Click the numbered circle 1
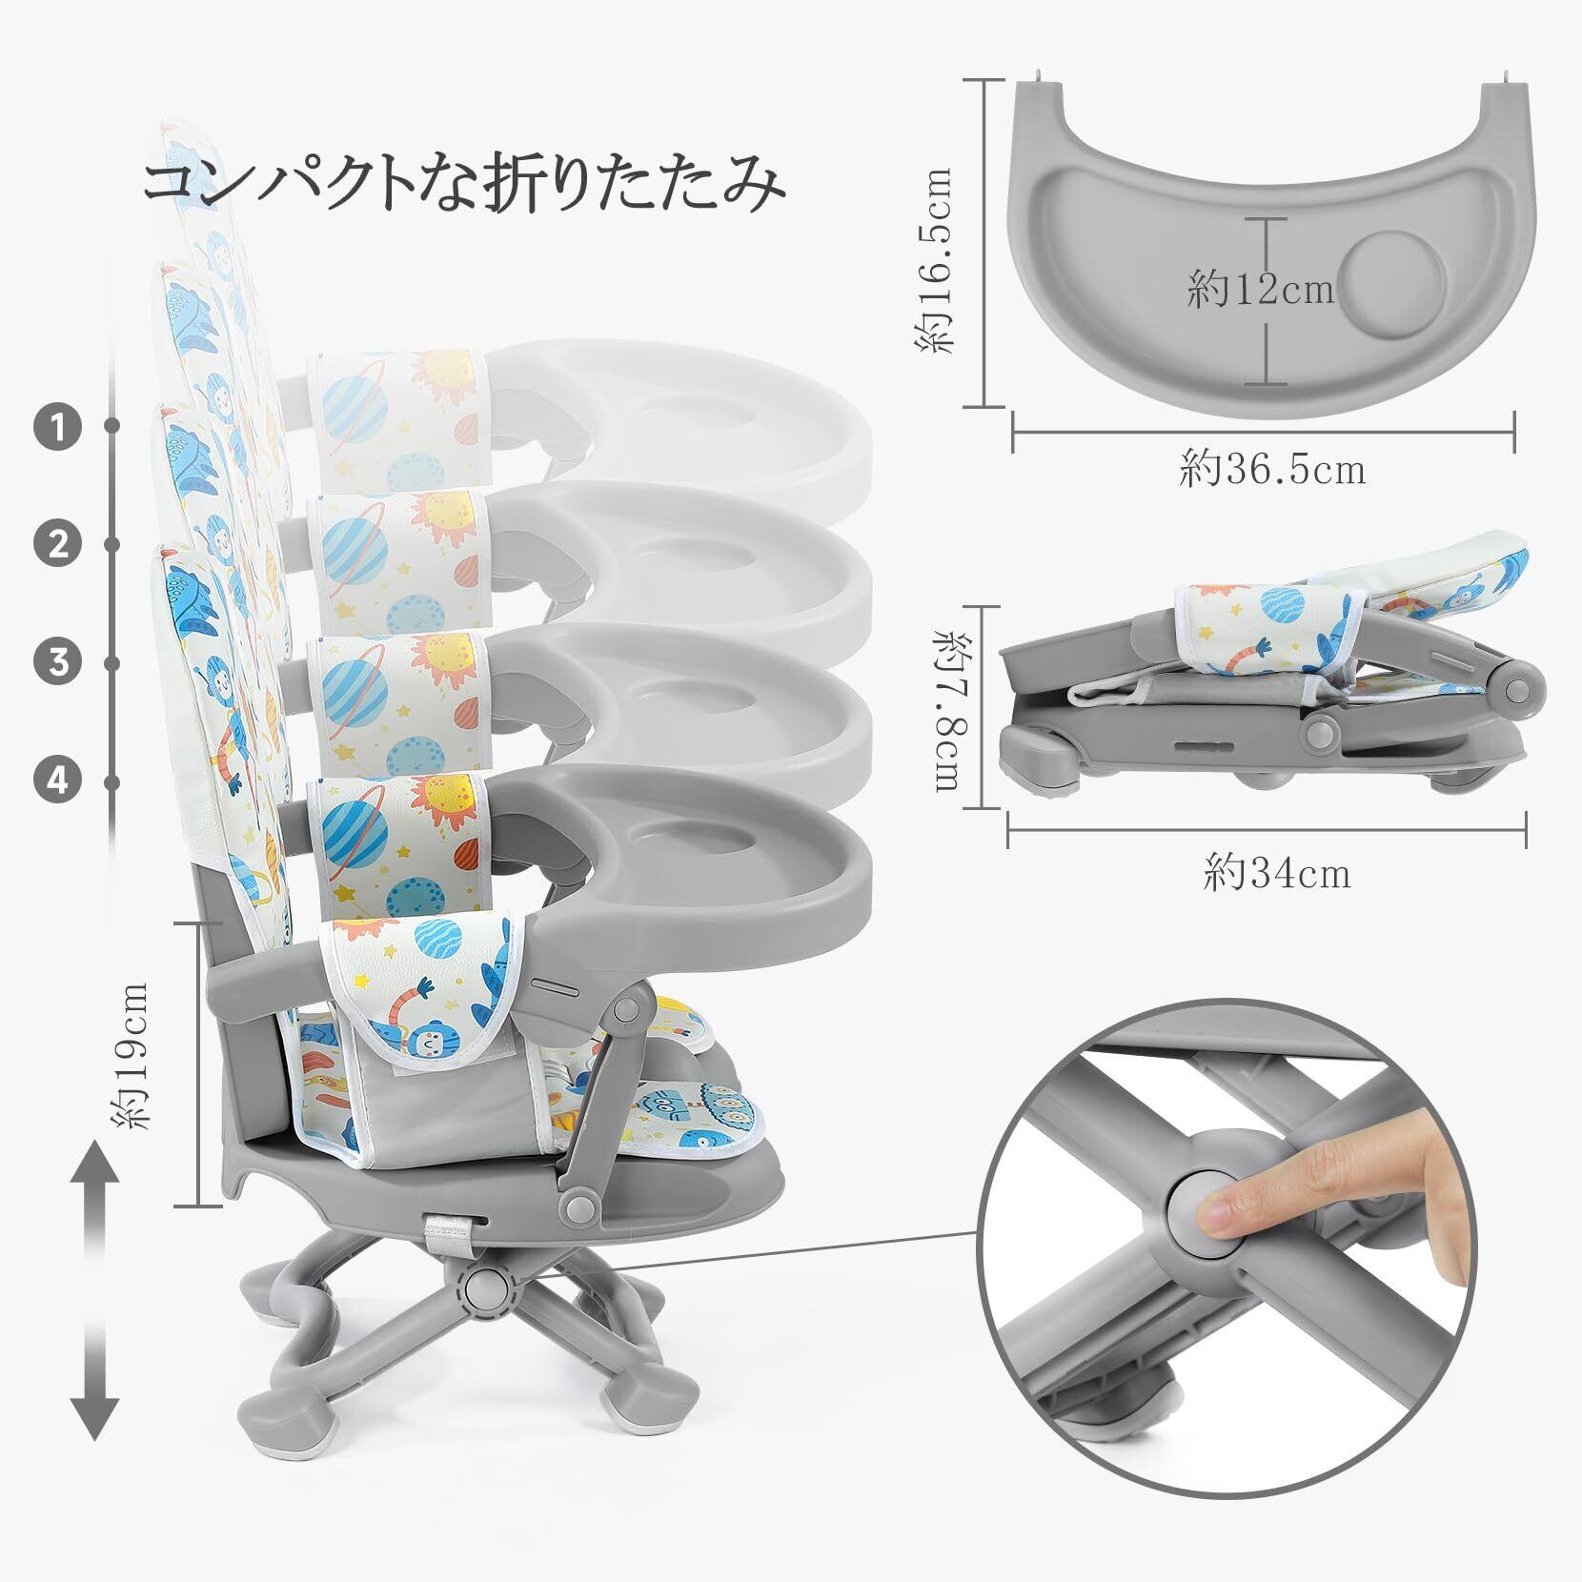(59, 427)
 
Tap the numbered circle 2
(59, 545)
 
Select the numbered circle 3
(59, 661)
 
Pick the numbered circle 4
(59, 781)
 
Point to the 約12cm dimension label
(1260, 289)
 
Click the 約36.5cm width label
(1272, 469)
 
